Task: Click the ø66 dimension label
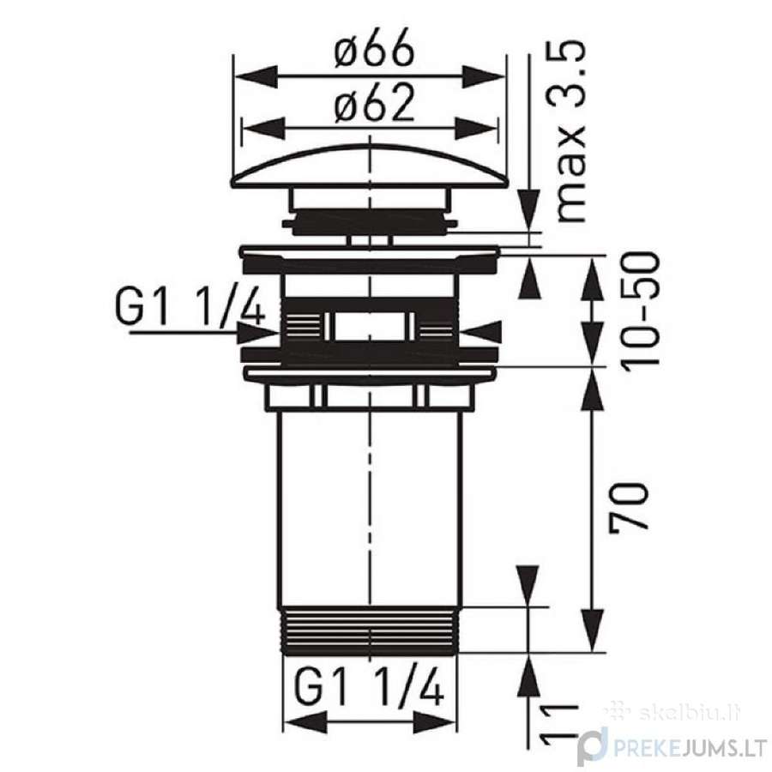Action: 374,49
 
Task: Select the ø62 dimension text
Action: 374,104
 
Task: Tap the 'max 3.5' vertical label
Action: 571,132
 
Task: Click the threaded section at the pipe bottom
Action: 371,631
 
